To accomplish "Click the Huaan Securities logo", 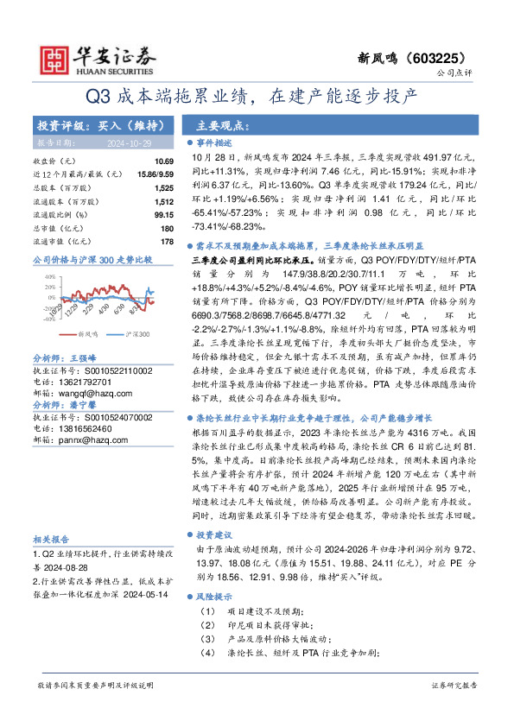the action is [x=87, y=55].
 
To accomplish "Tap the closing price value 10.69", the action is [x=164, y=161].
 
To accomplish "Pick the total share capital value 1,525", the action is [x=164, y=187].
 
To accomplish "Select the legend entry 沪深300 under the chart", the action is [x=138, y=333].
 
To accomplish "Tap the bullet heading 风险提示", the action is [x=214, y=596].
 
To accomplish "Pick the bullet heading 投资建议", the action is [x=214, y=534].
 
